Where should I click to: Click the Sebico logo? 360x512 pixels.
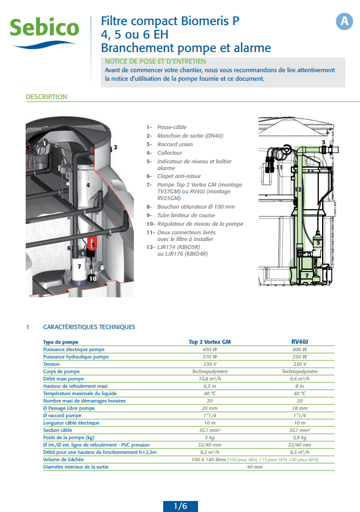coord(45,32)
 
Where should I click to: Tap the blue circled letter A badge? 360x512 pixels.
coord(344,21)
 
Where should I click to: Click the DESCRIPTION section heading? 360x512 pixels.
coord(46,97)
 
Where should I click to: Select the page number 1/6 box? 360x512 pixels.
coord(180,506)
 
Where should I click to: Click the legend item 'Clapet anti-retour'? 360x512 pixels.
coord(179,176)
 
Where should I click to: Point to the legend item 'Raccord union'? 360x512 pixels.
coord(175,144)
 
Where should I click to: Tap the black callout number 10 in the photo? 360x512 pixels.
coord(92,278)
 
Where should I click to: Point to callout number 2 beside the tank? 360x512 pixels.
coord(116,147)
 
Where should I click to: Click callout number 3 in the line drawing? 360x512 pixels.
coord(323,142)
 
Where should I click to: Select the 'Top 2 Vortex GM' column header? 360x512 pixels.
coord(210,342)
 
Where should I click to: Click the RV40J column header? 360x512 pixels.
coord(299,341)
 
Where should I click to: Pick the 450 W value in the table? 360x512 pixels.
coord(210,349)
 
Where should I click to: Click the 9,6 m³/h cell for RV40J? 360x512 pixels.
coord(299,379)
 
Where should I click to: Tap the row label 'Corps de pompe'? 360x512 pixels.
coord(61,371)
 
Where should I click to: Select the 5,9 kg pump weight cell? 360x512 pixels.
coord(299,437)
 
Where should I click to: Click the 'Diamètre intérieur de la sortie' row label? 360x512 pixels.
coord(76,467)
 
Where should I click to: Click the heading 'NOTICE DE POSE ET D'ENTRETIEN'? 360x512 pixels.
coord(155,61)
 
